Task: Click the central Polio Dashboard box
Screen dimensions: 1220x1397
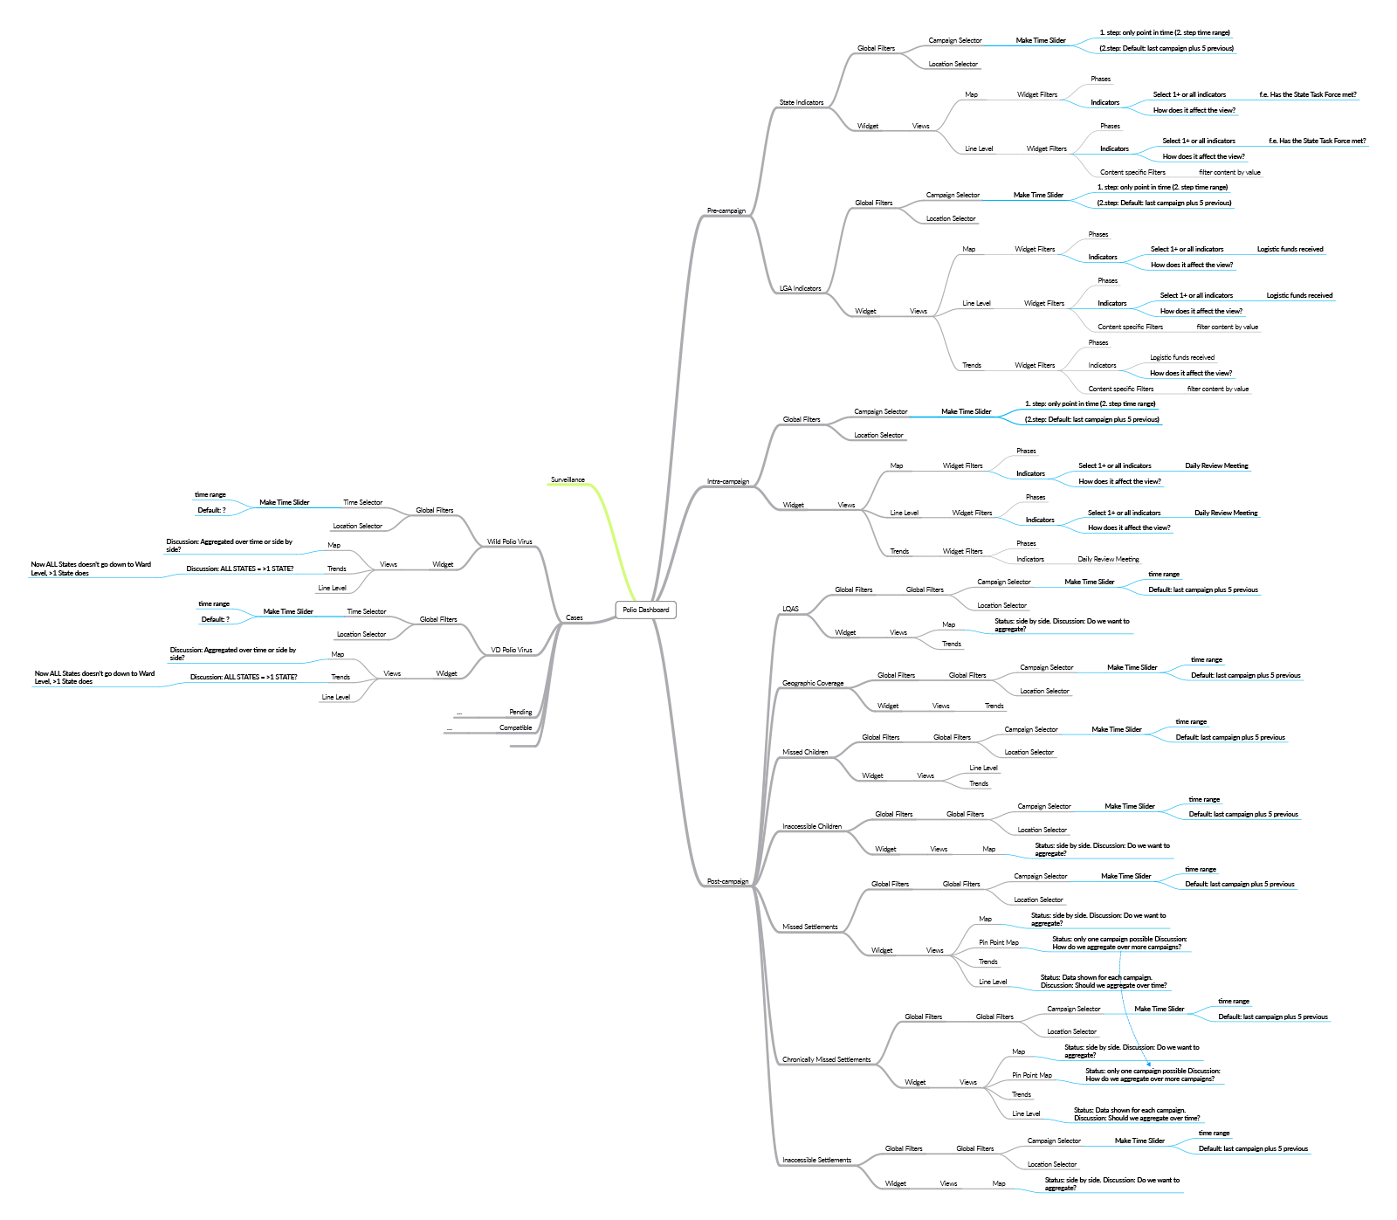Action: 645,610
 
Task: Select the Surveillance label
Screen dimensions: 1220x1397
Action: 568,479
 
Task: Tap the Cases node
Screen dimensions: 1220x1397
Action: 574,617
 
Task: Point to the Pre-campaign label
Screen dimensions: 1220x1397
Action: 726,210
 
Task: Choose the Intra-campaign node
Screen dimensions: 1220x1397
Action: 728,481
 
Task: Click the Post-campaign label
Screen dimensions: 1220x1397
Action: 728,881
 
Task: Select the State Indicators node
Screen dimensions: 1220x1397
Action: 802,102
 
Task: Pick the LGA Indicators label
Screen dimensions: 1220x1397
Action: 800,288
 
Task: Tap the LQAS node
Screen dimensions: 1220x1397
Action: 790,609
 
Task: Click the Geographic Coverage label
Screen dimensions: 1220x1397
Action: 813,683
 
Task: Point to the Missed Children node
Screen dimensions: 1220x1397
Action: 805,752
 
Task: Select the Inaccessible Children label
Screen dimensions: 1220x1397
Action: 812,826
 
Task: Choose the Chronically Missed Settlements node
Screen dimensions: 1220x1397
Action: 826,1059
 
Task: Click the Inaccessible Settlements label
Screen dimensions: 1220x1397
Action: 816,1160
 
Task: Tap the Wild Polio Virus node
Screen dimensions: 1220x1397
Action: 509,541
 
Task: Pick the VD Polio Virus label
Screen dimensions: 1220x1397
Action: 511,650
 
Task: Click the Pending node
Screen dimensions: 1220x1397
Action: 520,712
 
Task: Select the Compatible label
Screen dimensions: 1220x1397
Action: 515,727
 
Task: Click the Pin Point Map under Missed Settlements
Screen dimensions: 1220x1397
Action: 999,942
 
